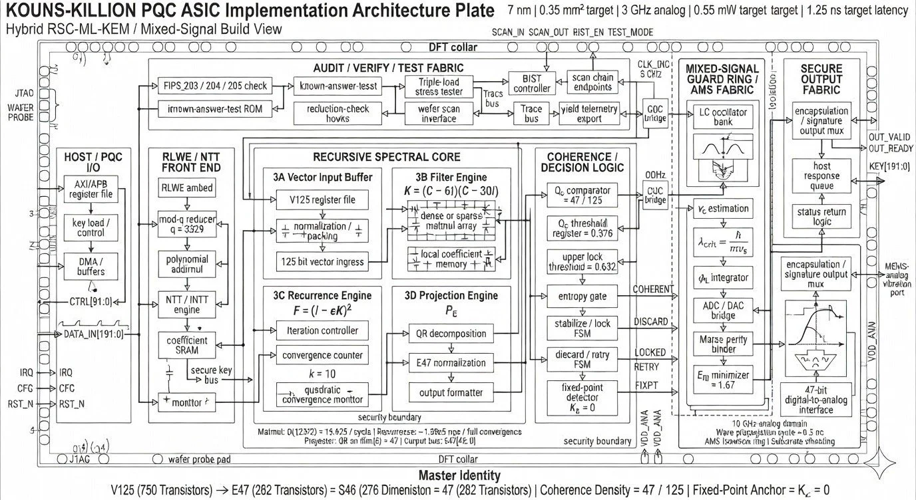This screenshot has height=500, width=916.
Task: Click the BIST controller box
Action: [x=533, y=83]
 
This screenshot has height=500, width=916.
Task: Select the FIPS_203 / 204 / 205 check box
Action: [x=215, y=86]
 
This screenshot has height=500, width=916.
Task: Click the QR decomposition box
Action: [x=451, y=334]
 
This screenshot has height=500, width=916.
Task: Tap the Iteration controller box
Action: [x=322, y=330]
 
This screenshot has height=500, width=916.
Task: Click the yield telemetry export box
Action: [x=590, y=114]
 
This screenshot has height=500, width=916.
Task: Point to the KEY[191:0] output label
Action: [x=889, y=166]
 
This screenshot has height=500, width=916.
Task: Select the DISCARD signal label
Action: [x=650, y=322]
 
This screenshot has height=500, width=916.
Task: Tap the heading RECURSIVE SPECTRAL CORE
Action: [x=386, y=157]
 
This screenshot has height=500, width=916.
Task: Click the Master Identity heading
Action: [x=459, y=475]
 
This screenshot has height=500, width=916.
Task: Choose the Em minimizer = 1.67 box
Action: [x=722, y=380]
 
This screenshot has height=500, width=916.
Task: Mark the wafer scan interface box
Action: [x=439, y=114]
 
